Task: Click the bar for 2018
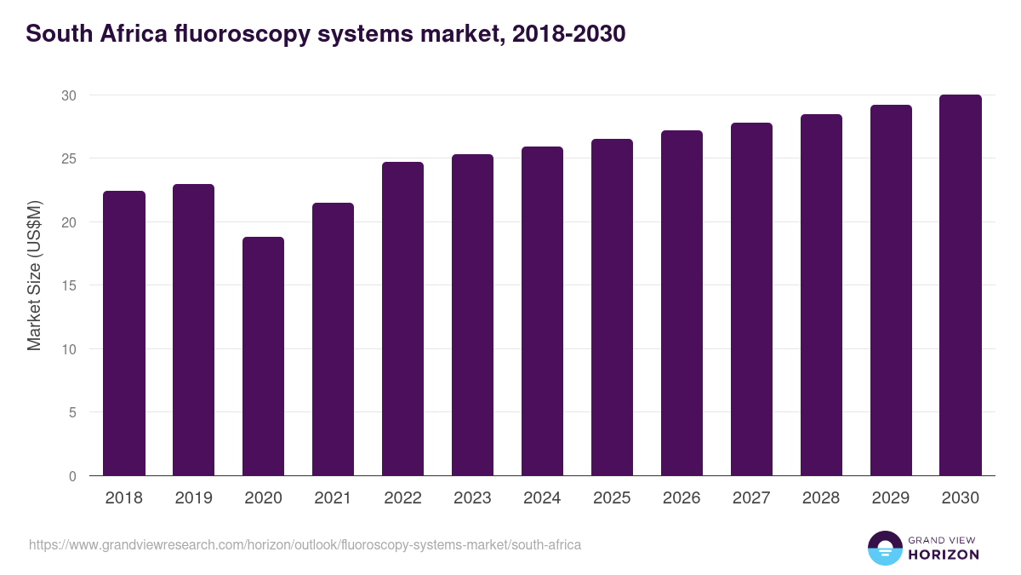click(x=124, y=333)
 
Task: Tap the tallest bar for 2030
click(x=961, y=285)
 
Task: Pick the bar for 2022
click(x=402, y=319)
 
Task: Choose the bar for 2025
click(x=612, y=307)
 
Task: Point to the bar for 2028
click(x=821, y=295)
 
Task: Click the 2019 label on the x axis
click(x=194, y=498)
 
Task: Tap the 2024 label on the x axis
click(x=542, y=498)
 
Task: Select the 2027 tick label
click(x=751, y=498)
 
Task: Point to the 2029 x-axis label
click(x=891, y=498)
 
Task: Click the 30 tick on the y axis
click(x=69, y=95)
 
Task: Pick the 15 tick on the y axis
click(x=69, y=285)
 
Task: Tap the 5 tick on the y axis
click(x=72, y=412)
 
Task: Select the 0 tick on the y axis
click(x=72, y=476)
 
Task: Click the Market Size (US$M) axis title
click(x=34, y=274)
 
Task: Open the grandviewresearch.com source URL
click(x=305, y=544)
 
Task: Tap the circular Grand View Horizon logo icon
click(x=885, y=549)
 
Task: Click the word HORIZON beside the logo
click(x=944, y=555)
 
